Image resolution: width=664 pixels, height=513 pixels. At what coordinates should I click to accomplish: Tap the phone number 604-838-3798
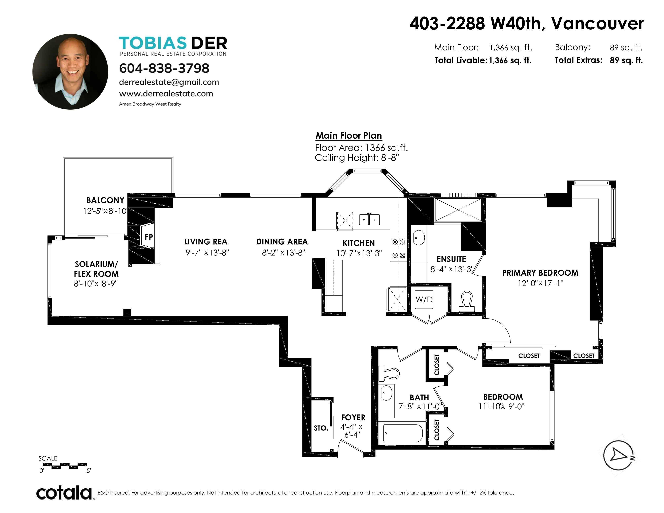[164, 68]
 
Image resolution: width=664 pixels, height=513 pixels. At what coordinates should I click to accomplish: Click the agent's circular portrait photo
[70, 72]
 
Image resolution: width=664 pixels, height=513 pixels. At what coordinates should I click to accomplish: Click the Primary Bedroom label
[540, 273]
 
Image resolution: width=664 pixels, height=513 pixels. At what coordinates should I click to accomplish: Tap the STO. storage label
[321, 428]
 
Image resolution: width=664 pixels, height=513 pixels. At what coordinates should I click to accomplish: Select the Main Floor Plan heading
[349, 136]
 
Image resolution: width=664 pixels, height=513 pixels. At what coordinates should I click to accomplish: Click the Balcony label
[105, 200]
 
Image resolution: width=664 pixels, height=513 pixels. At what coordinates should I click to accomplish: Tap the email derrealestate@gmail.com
[169, 82]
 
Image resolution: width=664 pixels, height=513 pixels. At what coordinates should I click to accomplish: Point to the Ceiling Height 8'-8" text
[357, 158]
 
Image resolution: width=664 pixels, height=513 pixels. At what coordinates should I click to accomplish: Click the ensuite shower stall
[458, 210]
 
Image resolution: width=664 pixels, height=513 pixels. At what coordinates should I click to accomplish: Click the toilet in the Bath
[389, 373]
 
